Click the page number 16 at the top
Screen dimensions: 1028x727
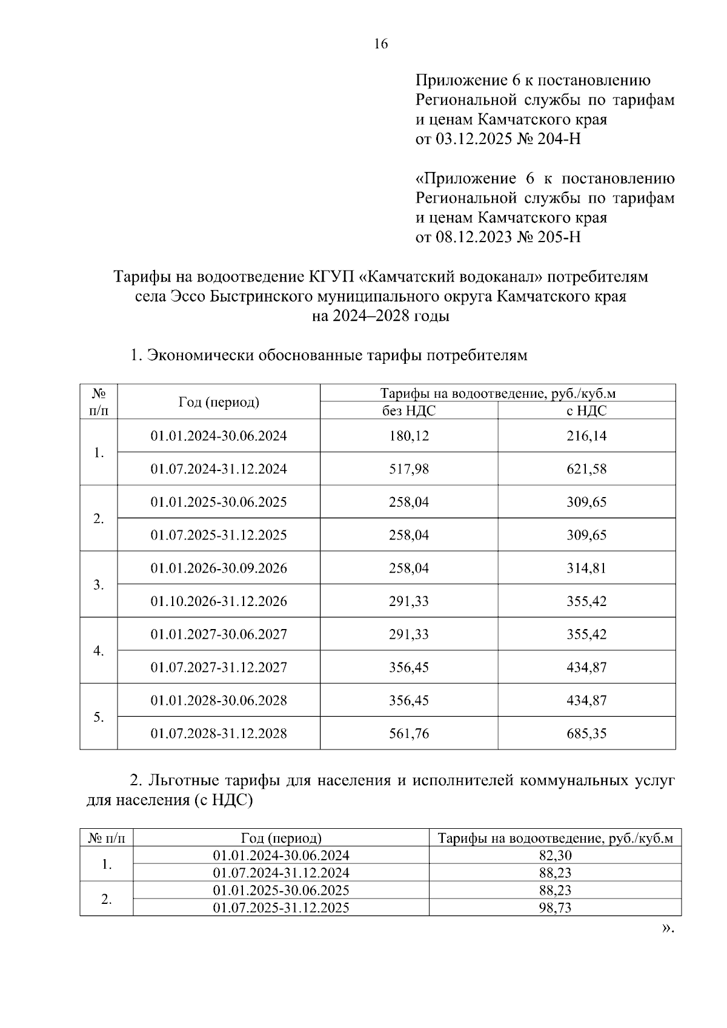[x=381, y=44]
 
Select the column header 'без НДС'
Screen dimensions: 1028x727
[x=408, y=411]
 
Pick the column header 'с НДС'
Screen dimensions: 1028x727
[x=586, y=411]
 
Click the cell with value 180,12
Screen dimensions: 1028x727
[x=408, y=436]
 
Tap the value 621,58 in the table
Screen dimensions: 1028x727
[x=586, y=469]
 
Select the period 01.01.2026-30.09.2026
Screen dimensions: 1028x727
[x=219, y=568]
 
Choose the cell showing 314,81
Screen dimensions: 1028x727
[x=586, y=568]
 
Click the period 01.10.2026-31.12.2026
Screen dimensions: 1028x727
[x=219, y=601]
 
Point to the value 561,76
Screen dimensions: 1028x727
[x=408, y=734]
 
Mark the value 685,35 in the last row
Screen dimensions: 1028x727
[x=586, y=734]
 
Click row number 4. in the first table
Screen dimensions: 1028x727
[x=98, y=651]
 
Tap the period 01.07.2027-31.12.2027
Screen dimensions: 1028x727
[x=219, y=668]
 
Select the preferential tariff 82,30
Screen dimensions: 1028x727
[x=555, y=855]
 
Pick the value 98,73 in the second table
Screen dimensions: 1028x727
[x=555, y=908]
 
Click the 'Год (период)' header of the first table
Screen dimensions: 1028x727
[x=219, y=402]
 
